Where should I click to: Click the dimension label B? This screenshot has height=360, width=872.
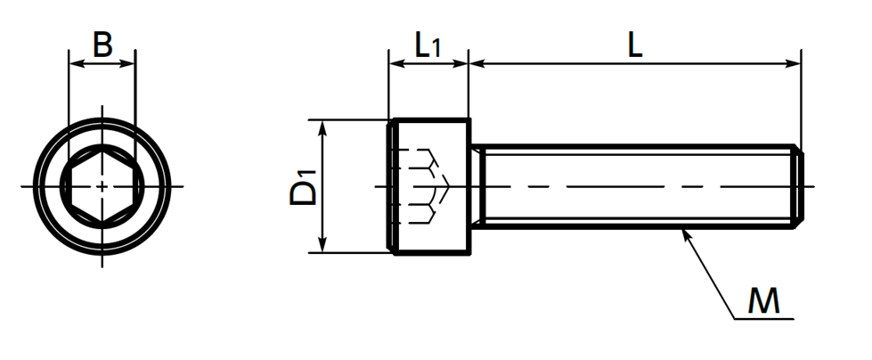(103, 45)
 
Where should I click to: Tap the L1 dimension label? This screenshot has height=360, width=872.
(428, 45)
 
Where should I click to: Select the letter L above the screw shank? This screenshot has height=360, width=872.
(635, 45)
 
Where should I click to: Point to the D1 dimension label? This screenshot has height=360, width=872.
(303, 187)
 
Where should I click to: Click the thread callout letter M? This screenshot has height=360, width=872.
(763, 302)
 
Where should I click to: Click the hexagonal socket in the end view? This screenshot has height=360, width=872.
(102, 186)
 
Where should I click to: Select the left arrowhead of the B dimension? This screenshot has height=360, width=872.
(76, 64)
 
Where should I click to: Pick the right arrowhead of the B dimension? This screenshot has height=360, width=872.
(128, 64)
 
